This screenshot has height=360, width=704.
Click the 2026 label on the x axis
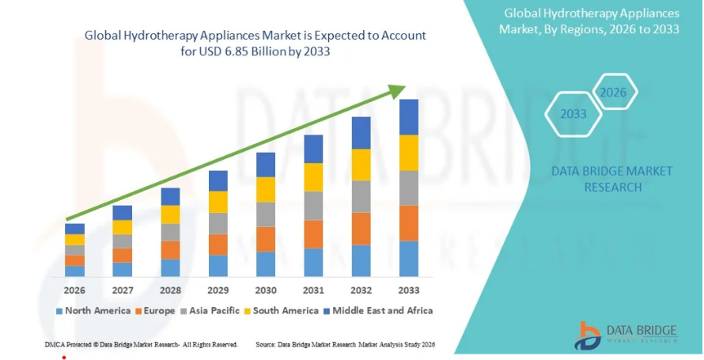click(x=74, y=290)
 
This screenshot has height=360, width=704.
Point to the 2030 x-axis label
click(x=266, y=290)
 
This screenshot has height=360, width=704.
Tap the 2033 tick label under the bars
click(x=409, y=290)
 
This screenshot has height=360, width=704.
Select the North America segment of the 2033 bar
click(x=409, y=259)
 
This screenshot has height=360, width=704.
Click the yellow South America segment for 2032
click(x=361, y=165)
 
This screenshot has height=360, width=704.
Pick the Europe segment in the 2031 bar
click(x=313, y=234)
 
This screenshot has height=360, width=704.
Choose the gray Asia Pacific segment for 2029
click(x=218, y=223)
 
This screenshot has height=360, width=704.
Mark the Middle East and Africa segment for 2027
click(x=123, y=212)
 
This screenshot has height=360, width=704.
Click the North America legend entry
click(x=93, y=311)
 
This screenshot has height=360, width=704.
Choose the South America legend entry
click(x=280, y=311)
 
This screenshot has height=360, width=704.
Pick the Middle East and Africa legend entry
click(x=377, y=311)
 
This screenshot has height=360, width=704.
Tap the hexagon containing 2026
click(x=613, y=93)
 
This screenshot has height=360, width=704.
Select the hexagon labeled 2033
click(x=573, y=114)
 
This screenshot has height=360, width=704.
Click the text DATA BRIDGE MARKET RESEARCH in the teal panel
click(x=612, y=179)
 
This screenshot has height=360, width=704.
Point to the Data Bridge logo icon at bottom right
click(x=589, y=336)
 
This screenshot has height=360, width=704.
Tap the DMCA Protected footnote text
click(x=142, y=345)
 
